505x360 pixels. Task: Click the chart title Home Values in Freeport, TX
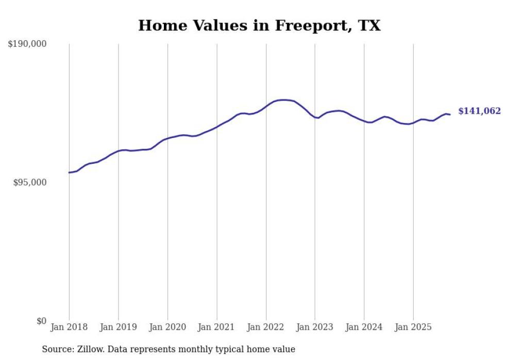(259, 25)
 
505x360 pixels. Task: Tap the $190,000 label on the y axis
(27, 44)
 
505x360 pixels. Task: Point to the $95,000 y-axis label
(29, 182)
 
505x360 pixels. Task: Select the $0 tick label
(41, 321)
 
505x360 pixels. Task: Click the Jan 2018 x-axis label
(69, 327)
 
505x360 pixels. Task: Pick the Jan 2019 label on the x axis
(119, 327)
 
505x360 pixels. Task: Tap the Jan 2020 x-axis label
(167, 327)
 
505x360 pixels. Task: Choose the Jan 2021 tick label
(216, 327)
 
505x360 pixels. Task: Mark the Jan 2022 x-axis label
(266, 327)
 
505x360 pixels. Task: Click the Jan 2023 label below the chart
(315, 327)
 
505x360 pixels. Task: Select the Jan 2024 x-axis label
(364, 327)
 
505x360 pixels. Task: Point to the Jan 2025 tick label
(413, 327)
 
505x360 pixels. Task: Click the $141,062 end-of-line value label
(479, 111)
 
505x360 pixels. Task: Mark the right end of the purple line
(450, 114)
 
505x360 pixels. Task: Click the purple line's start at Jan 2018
(69, 173)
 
